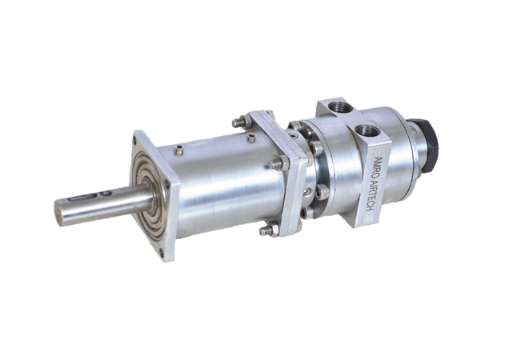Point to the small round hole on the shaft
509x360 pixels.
[105, 192]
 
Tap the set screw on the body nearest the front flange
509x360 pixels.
[178, 150]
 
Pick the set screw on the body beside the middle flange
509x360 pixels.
[251, 138]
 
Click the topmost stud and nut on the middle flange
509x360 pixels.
[241, 122]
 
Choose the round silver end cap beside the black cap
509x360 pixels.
[413, 156]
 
